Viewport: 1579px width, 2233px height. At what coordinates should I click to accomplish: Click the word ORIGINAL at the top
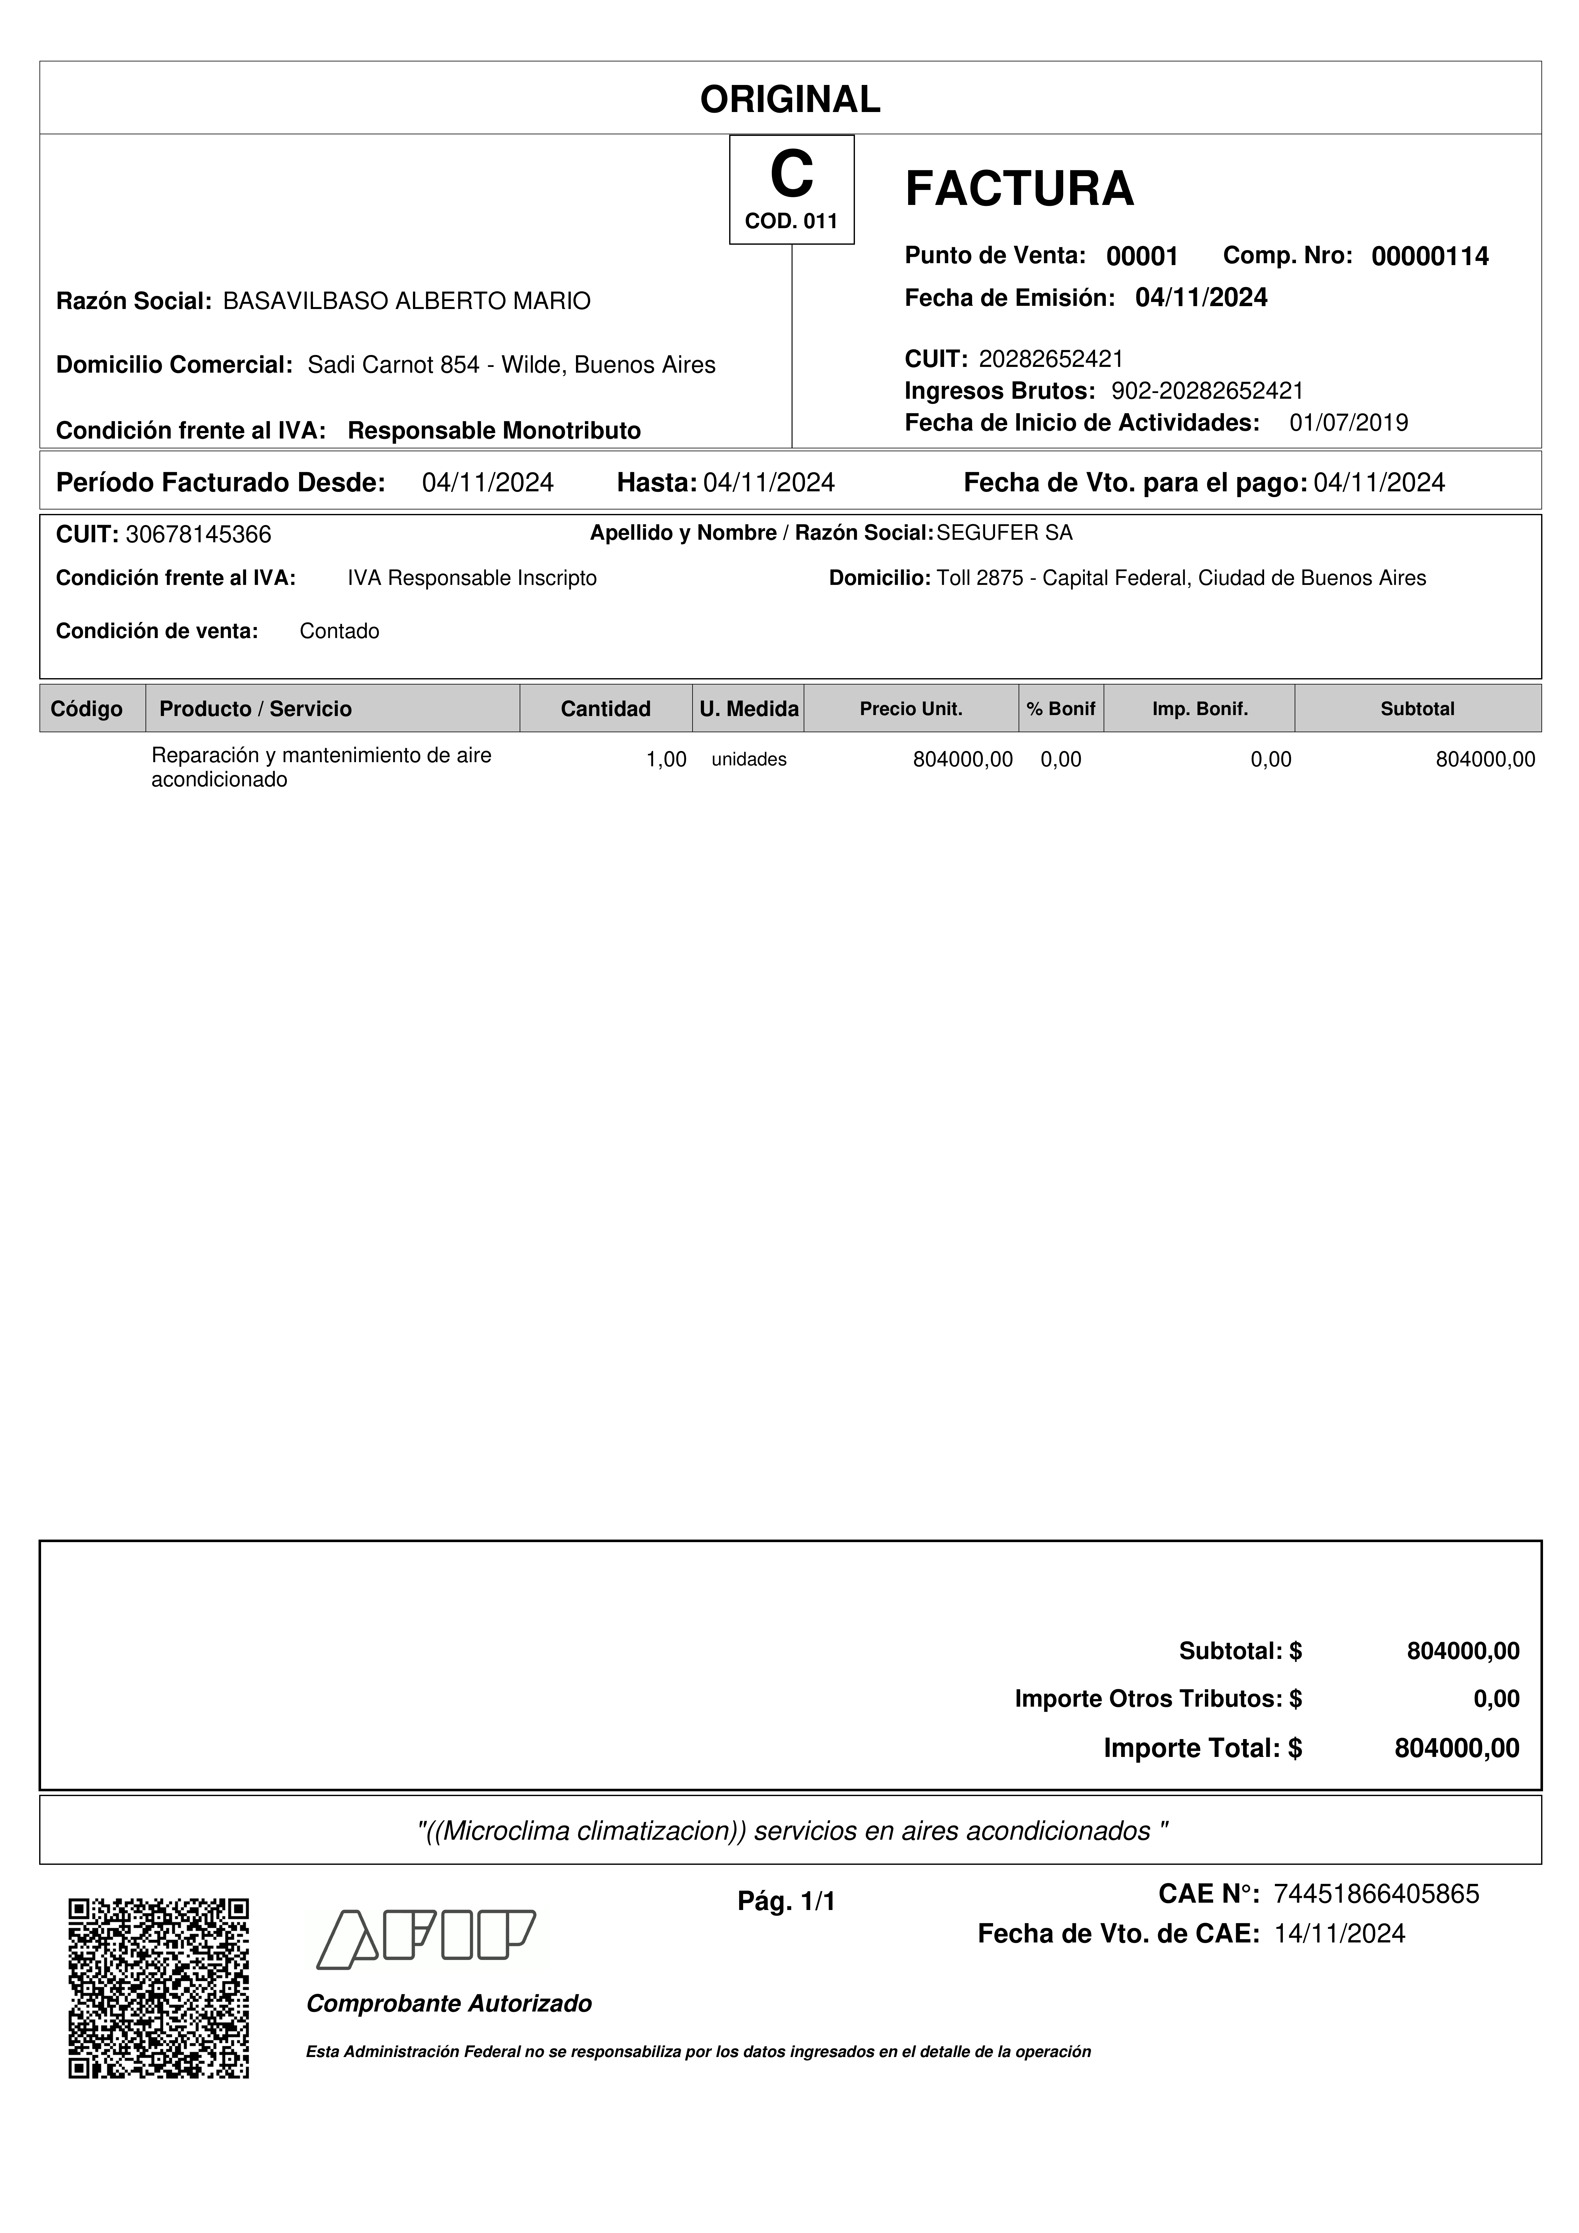pos(790,99)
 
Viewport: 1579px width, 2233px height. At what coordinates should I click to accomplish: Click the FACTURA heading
pos(1019,189)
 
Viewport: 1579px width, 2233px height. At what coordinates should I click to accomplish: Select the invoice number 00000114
pos(1429,257)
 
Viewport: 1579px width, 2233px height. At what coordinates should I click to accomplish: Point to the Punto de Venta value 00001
pos(1142,257)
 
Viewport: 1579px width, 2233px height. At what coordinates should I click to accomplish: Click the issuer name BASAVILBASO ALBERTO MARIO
pos(407,301)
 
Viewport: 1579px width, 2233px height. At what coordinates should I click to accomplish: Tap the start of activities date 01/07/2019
pos(1348,423)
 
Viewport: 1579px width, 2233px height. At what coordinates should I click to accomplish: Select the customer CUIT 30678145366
pos(198,535)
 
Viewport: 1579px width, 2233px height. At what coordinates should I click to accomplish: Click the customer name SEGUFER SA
pos(1004,533)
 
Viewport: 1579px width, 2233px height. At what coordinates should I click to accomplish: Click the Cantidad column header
pos(605,709)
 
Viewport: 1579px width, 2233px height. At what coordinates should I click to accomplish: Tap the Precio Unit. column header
pos(911,709)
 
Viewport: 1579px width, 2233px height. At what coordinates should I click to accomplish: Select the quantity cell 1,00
pos(666,760)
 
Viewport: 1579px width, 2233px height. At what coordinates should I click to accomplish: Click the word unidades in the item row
pos(749,760)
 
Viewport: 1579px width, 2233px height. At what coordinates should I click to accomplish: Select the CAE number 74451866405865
pos(1376,1894)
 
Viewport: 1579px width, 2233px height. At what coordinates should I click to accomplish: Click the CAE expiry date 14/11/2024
pos(1340,1935)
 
